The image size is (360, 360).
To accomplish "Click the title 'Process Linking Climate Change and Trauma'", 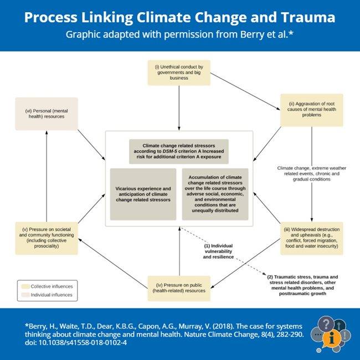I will click(179, 17).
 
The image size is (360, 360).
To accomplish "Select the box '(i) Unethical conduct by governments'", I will click(179, 73).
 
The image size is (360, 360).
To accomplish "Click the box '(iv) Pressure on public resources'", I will click(179, 287).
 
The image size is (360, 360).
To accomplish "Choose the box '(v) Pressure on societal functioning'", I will click(47, 238).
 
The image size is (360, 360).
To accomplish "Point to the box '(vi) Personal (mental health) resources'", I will click(47, 113).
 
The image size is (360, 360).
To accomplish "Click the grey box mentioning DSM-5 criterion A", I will click(179, 152).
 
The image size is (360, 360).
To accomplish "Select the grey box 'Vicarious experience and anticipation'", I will click(143, 194).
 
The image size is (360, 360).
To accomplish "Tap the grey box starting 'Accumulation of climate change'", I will click(214, 194).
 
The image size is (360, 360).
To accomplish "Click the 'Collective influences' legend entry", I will click(48, 286).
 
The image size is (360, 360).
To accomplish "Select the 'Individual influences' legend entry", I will click(48, 295).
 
